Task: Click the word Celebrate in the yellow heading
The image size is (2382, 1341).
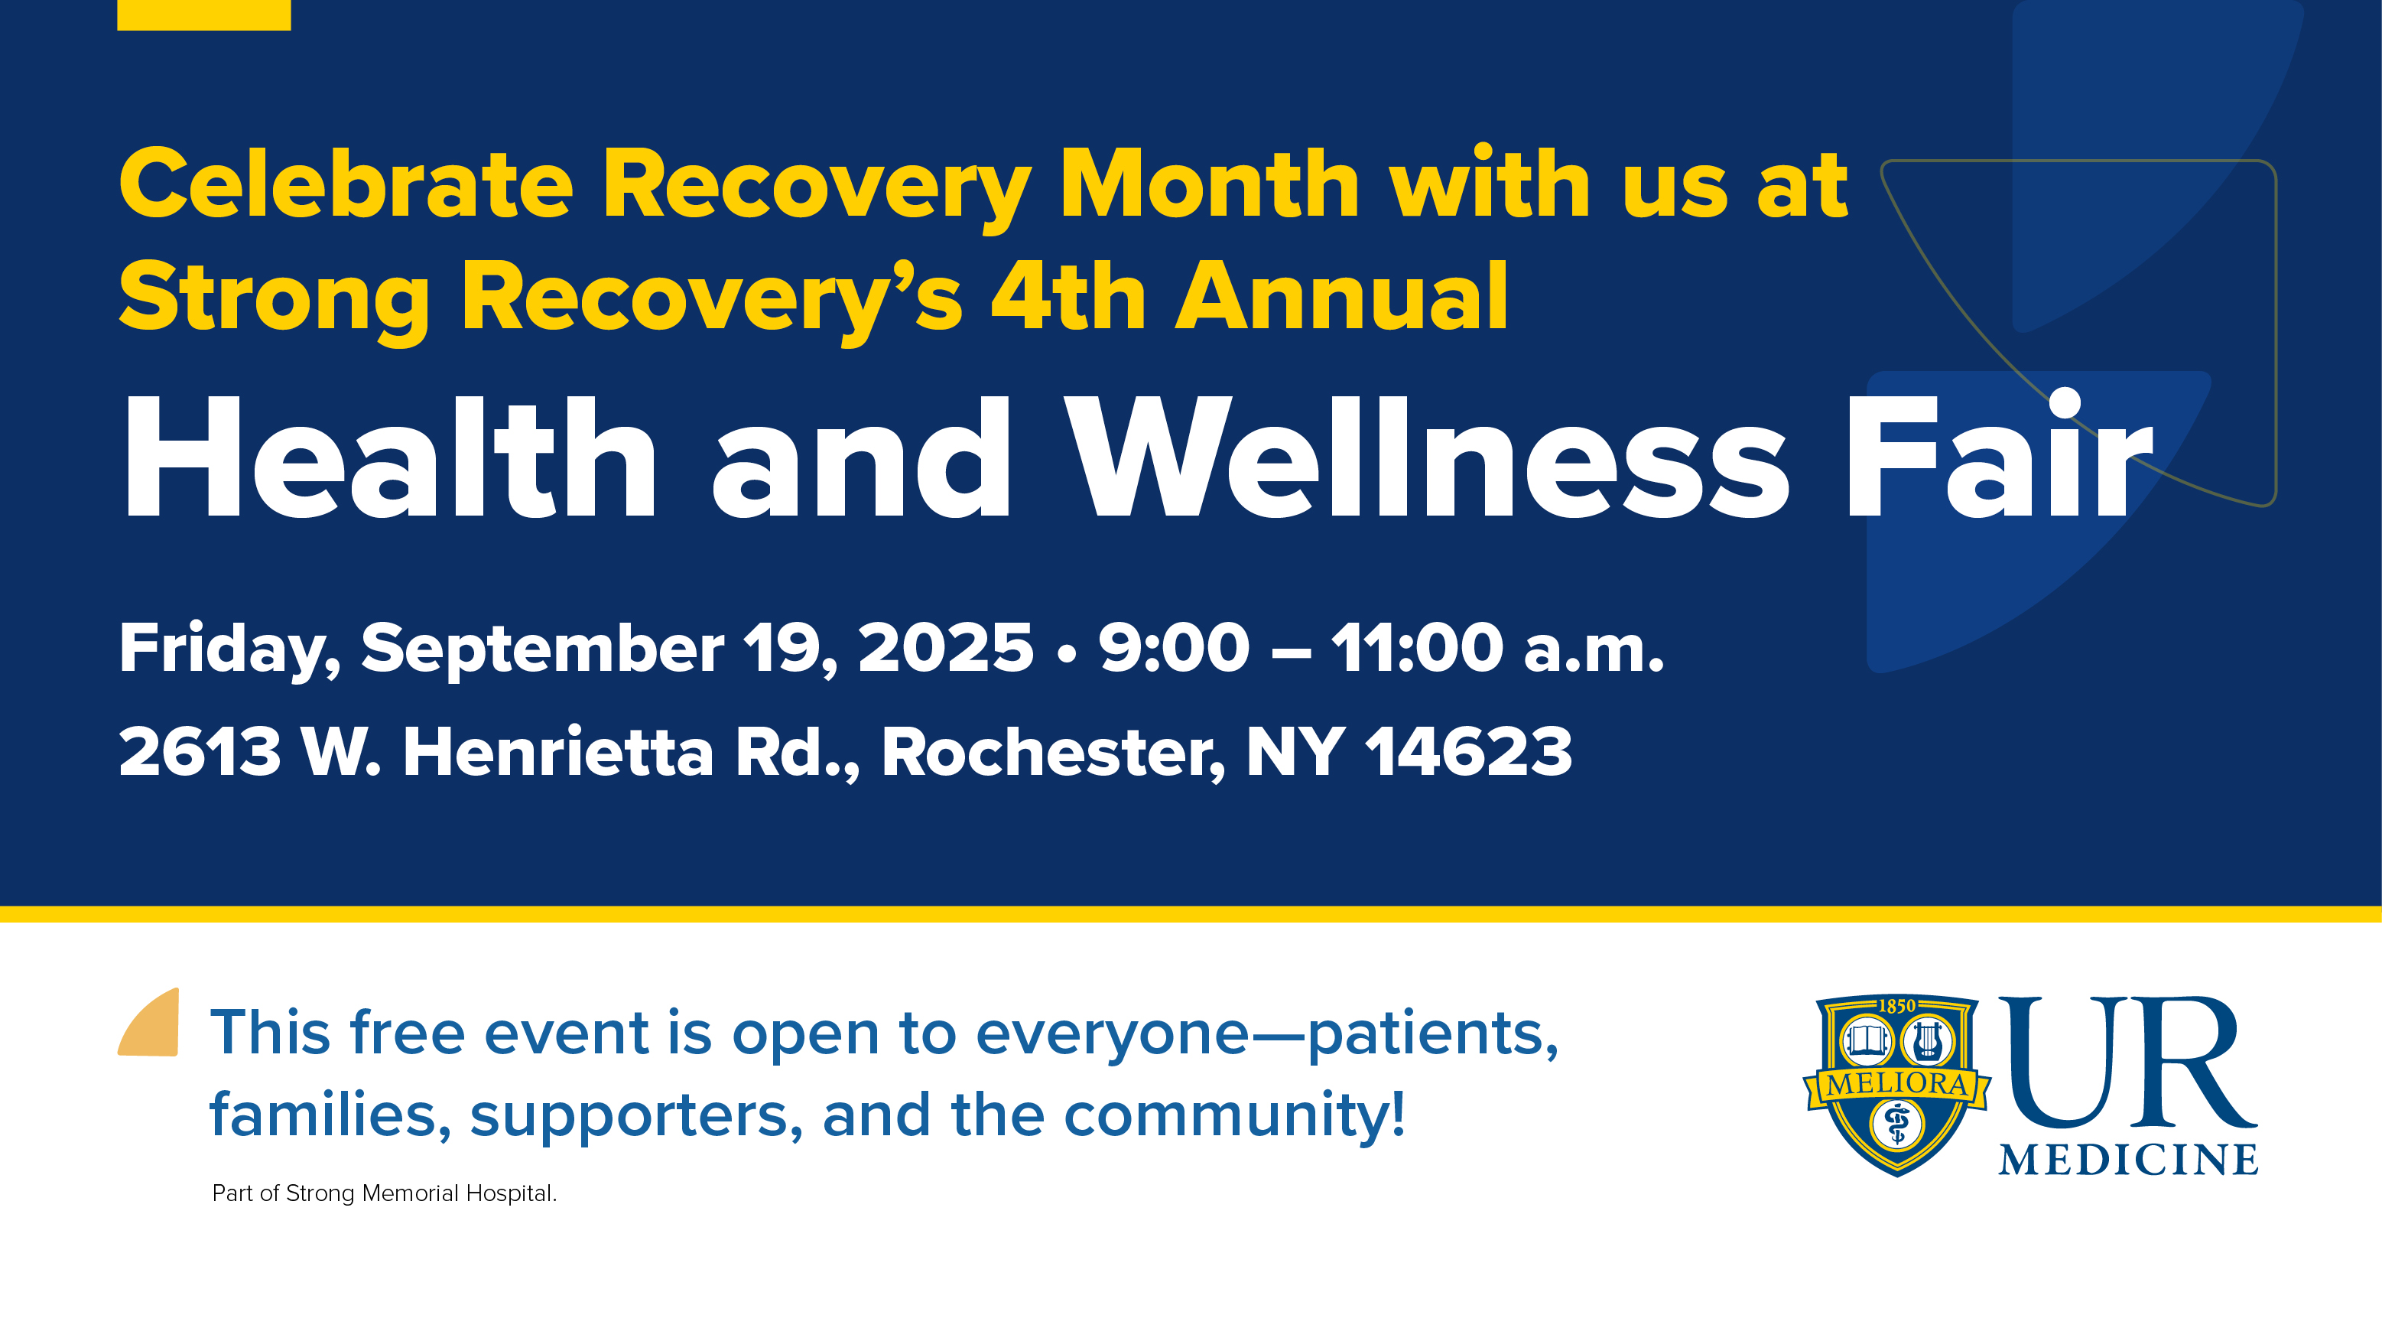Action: (346, 184)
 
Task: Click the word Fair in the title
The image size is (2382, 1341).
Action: (1998, 453)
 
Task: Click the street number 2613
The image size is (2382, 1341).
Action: (200, 751)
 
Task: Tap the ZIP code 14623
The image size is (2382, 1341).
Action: (1468, 751)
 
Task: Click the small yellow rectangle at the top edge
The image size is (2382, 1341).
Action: (203, 15)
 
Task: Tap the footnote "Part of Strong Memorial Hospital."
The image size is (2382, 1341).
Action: (385, 1193)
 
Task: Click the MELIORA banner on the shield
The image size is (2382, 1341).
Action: (1896, 1084)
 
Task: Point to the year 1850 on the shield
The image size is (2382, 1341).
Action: (1896, 1006)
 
